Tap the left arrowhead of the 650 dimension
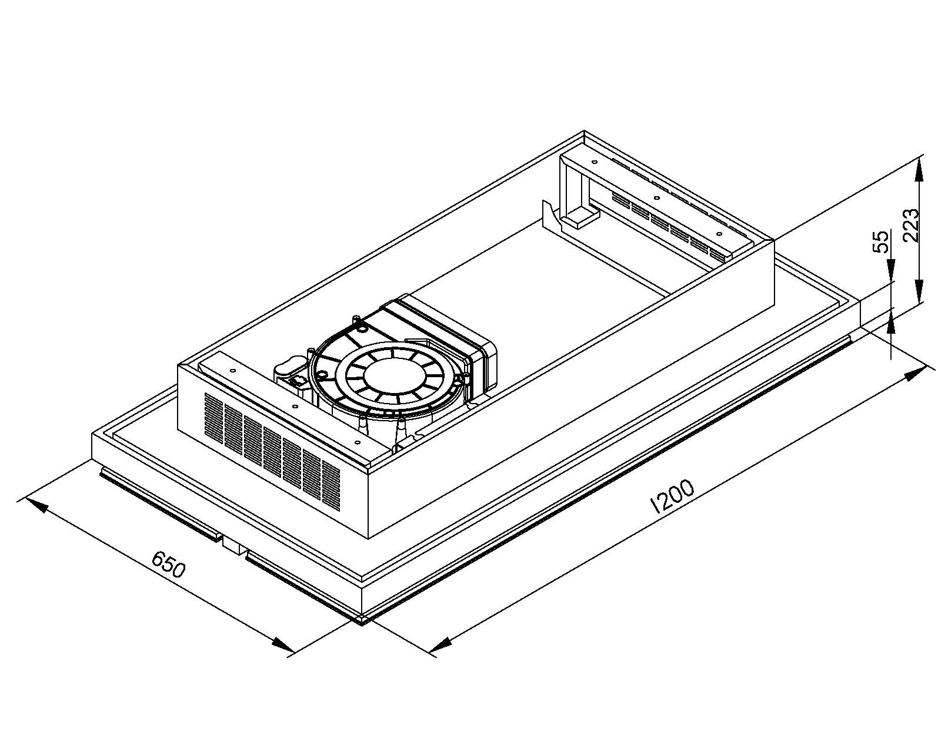coord(35,505)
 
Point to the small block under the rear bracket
coord(580,217)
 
